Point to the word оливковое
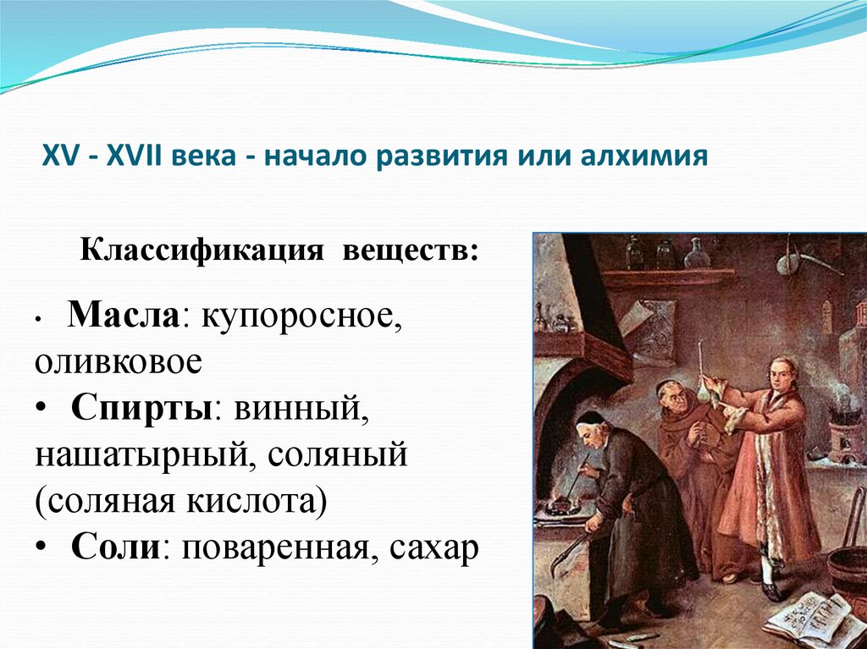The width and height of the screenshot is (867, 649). (x=119, y=361)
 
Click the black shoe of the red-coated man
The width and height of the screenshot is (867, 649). (x=770, y=590)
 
